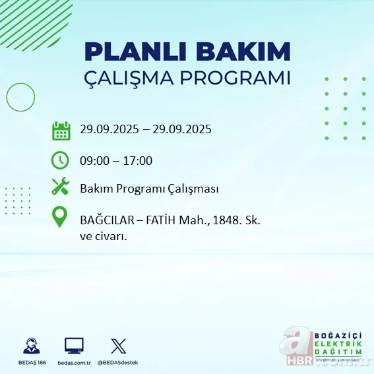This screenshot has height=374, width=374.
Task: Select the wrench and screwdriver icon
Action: tap(61, 188)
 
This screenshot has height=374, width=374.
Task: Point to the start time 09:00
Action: tap(94, 160)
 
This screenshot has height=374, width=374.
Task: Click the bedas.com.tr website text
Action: tap(73, 363)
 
